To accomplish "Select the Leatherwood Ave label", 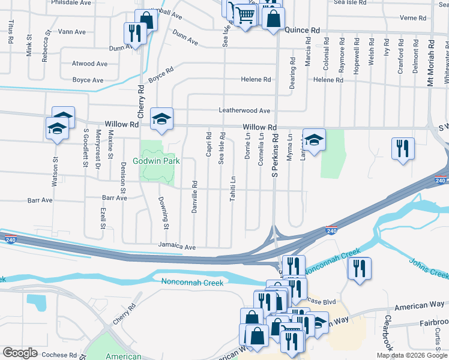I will click(x=244, y=110).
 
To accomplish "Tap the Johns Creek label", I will click(x=429, y=268).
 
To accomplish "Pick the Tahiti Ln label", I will click(x=233, y=188).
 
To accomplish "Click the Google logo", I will click(x=20, y=353).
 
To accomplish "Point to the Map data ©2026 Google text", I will click(x=411, y=355).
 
